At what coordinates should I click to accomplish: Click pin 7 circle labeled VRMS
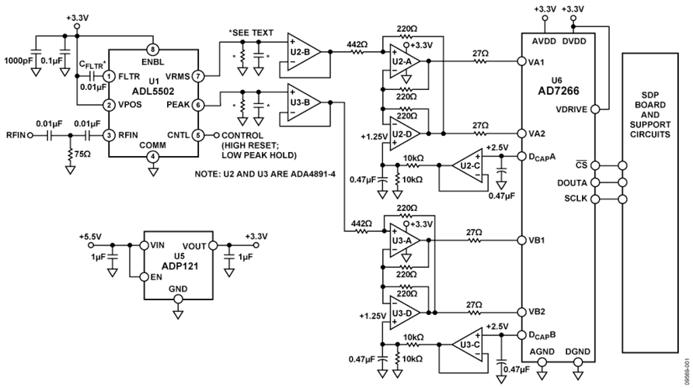pos(199,76)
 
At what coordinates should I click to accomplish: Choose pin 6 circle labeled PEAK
pos(199,103)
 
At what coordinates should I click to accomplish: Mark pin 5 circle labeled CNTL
pos(199,133)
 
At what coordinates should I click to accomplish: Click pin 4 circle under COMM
pos(153,156)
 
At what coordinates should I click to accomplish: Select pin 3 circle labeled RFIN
pos(110,133)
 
